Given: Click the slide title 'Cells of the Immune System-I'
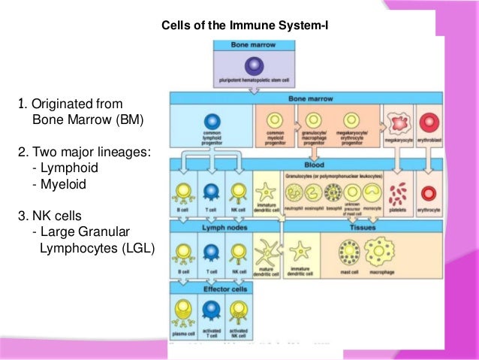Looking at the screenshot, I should tap(246, 27).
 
